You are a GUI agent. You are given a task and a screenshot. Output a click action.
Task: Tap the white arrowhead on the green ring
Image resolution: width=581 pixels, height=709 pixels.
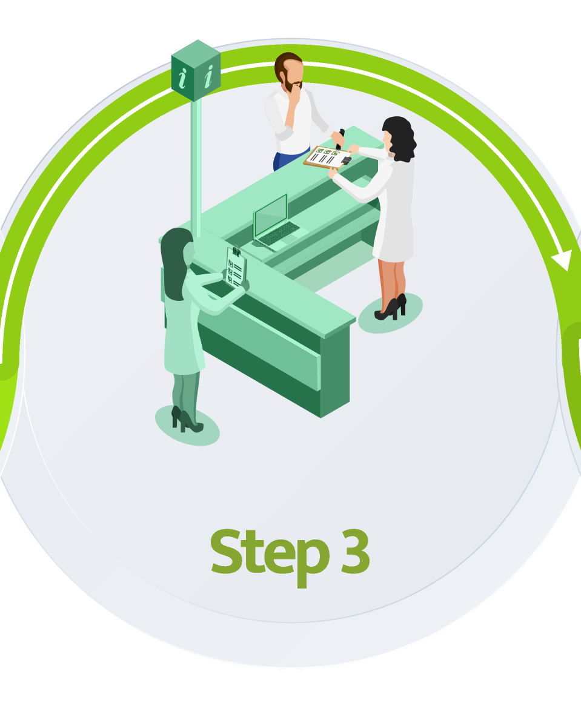(x=562, y=260)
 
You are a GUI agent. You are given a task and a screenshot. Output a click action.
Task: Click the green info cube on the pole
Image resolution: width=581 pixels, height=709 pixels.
(x=196, y=71)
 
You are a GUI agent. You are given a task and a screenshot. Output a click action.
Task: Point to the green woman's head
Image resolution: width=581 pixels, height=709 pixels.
(x=178, y=258)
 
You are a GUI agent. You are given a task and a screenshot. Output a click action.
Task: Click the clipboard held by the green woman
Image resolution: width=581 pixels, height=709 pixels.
(x=236, y=268)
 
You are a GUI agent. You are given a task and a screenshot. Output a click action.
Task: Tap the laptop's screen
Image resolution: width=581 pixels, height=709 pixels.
(x=271, y=215)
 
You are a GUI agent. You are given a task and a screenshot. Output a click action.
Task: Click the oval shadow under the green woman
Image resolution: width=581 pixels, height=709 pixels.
(x=187, y=426)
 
